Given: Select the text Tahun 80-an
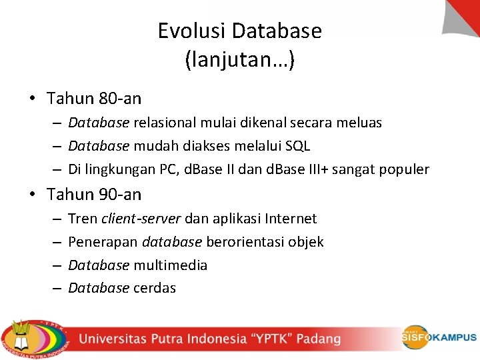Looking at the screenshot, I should click(x=94, y=99).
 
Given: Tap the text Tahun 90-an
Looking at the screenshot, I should click(x=94, y=195).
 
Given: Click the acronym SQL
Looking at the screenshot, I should click(x=298, y=146).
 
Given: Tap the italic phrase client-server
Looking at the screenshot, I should click(x=141, y=219).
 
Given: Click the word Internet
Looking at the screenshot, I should click(x=291, y=219).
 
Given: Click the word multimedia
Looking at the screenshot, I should click(x=171, y=265).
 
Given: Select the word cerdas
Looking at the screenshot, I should click(x=155, y=288).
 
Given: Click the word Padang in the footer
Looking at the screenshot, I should click(x=319, y=339).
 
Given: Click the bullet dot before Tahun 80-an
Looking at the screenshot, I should click(x=32, y=99).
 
